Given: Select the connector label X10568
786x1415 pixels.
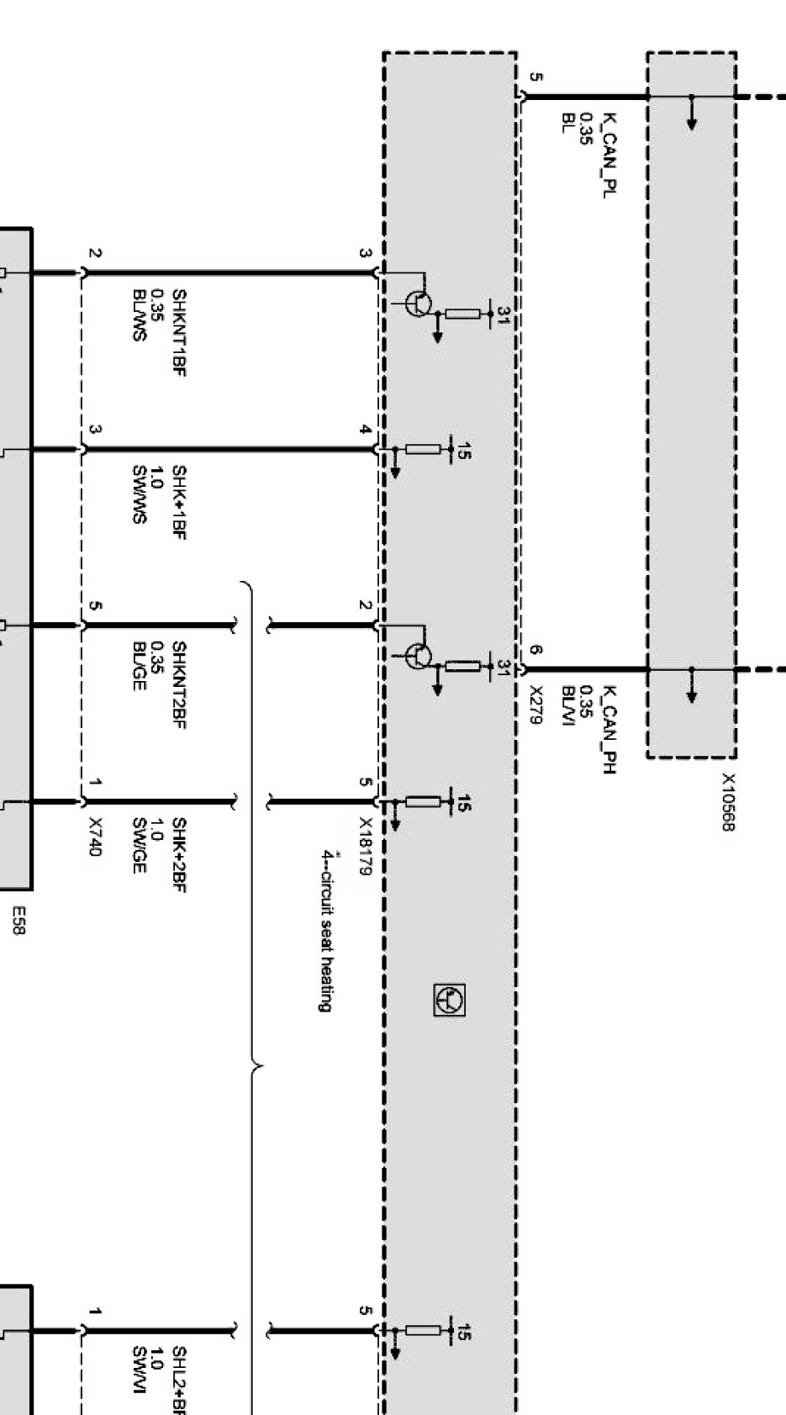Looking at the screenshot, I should (x=728, y=802).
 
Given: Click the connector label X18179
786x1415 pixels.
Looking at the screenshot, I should (x=365, y=846).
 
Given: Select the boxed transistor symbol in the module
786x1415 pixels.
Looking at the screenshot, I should (x=450, y=1000).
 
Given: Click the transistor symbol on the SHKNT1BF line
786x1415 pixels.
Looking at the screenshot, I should (x=418, y=303).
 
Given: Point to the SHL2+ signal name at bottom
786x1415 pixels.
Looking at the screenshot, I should (x=178, y=1387).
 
